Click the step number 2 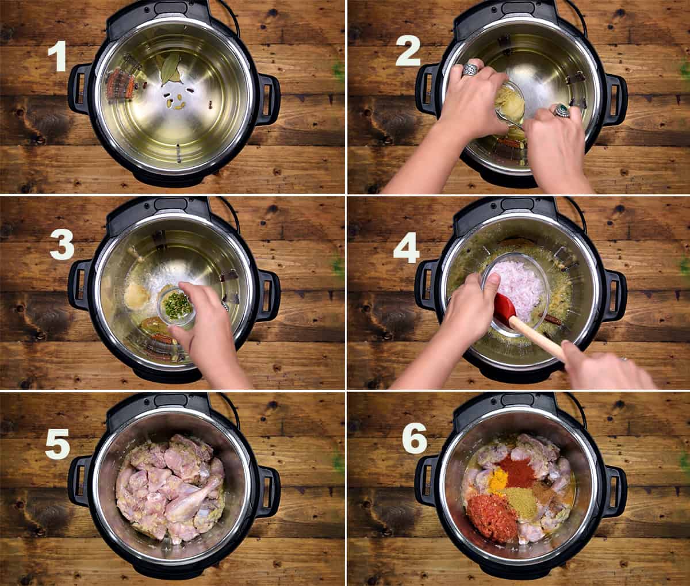coord(408,53)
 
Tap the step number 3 coord(62,246)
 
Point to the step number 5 coord(57,444)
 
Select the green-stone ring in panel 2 coord(561,110)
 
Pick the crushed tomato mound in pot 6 coord(492,516)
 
